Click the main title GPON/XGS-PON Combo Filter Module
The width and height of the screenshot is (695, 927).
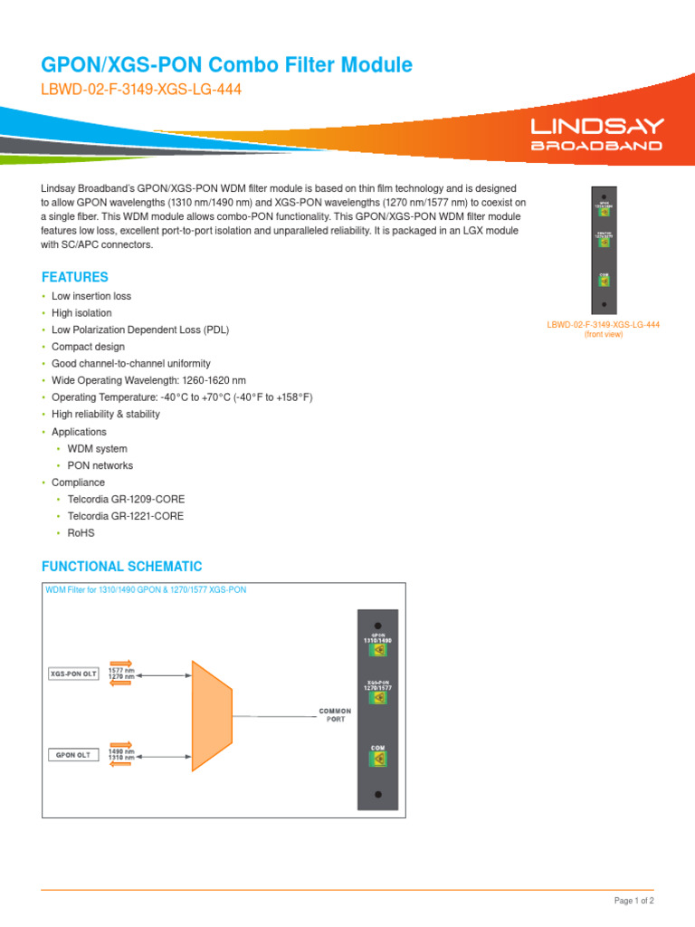click(x=227, y=65)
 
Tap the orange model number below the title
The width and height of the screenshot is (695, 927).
click(x=141, y=91)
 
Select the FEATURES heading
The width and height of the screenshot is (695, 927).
click(x=75, y=277)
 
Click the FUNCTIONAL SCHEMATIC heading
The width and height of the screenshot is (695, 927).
click(x=122, y=567)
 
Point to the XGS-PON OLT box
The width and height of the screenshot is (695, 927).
click(x=72, y=674)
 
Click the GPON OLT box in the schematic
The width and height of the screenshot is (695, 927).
click(x=72, y=754)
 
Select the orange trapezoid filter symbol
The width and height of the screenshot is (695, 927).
click(x=211, y=714)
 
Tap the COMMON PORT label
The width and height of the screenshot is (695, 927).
click(x=335, y=715)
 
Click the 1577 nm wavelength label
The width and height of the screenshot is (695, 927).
click(x=122, y=670)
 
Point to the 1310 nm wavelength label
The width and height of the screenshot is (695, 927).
click(x=122, y=758)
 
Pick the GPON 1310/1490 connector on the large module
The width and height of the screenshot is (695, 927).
click(x=378, y=649)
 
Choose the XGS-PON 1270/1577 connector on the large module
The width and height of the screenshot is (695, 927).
click(x=378, y=697)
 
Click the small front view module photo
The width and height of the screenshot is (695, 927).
click(x=603, y=249)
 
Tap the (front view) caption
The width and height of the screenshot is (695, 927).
click(x=603, y=334)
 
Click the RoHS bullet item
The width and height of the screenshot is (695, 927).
click(x=81, y=533)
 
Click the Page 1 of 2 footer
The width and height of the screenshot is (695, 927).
click(x=633, y=901)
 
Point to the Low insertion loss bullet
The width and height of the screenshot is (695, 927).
click(x=90, y=296)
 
